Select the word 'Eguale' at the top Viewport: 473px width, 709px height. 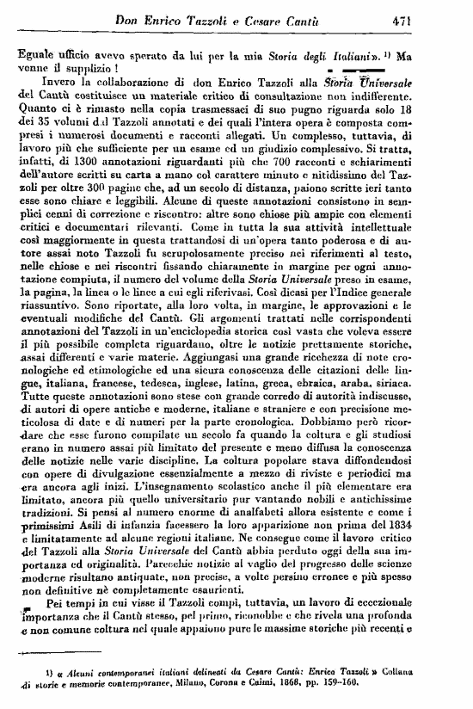point(36,52)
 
